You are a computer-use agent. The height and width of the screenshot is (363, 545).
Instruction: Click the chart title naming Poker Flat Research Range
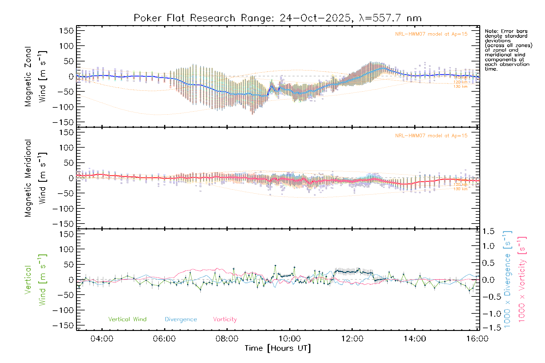tap(277, 18)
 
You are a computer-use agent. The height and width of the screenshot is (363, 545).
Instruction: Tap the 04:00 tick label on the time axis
tap(102, 339)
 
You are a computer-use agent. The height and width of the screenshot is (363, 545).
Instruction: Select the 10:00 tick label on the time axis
tap(290, 339)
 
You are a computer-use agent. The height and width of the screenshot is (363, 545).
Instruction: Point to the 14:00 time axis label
tap(415, 339)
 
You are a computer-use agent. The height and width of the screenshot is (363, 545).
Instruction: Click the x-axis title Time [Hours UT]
tap(277, 348)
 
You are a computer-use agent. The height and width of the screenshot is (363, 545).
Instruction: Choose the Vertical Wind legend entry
tap(127, 319)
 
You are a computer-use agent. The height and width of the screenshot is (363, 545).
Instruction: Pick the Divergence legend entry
tap(181, 319)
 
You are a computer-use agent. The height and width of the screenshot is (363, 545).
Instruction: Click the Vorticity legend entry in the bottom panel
tap(225, 319)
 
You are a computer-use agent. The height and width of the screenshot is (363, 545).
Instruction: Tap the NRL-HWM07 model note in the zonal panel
tap(431, 34)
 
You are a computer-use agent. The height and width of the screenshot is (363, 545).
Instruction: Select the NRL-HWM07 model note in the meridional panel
tap(431, 136)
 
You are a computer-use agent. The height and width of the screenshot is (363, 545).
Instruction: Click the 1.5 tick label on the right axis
tap(488, 231)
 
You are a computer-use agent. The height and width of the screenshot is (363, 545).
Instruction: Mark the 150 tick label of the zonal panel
tap(66, 31)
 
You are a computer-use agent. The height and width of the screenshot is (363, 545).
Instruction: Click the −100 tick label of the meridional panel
tap(63, 209)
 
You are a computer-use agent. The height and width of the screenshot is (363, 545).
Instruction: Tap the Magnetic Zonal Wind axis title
tap(35, 77)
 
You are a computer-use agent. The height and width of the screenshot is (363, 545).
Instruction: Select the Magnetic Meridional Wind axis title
tap(35, 178)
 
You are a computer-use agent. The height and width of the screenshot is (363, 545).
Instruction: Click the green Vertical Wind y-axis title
tap(35, 280)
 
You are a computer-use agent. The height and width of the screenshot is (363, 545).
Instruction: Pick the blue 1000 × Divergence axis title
tap(507, 280)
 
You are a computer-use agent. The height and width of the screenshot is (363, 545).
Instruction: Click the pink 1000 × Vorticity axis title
tap(522, 280)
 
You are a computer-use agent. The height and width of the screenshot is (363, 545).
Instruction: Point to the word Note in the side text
tap(491, 31)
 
